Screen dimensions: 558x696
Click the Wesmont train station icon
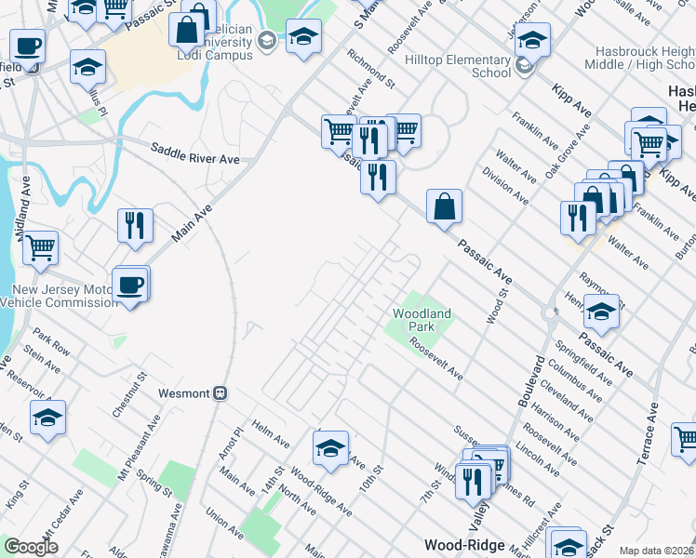(221, 392)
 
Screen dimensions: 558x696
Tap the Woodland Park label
(422, 321)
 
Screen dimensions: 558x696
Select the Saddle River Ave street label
(195, 159)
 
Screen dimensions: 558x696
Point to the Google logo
(31, 547)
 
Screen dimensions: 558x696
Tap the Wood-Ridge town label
(464, 545)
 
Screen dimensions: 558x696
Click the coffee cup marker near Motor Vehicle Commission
(130, 284)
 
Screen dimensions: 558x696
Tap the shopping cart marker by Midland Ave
(40, 248)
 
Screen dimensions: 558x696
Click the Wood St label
(496, 306)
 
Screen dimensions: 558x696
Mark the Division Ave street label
(505, 187)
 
